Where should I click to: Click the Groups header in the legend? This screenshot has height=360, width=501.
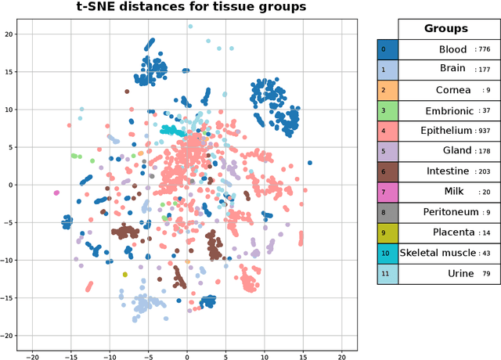pos(445,28)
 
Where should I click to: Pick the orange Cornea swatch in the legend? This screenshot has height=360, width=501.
pos(387,90)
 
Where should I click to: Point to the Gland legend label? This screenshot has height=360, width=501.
pos(457,151)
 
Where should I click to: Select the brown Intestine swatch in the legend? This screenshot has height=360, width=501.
pos(387,171)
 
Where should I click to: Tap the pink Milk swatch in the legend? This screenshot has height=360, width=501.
pos(387,192)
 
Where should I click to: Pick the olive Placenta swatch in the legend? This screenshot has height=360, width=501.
pos(387,232)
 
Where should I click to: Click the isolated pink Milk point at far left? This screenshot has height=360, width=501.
pos(56,193)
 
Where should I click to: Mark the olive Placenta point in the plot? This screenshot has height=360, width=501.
pos(124,275)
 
